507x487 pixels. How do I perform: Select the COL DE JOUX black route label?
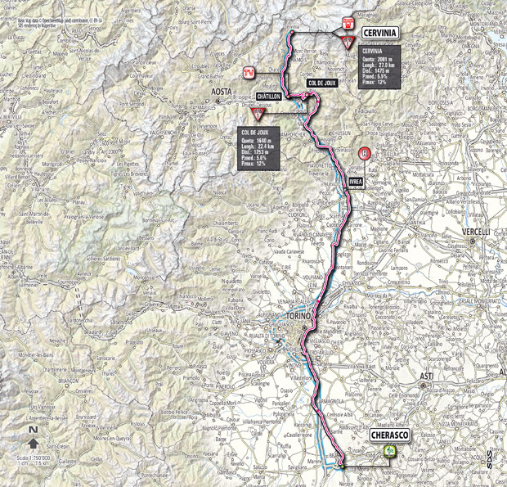[323, 83]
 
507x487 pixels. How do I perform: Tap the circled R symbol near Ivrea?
[365, 151]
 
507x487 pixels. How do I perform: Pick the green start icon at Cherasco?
[391, 451]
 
